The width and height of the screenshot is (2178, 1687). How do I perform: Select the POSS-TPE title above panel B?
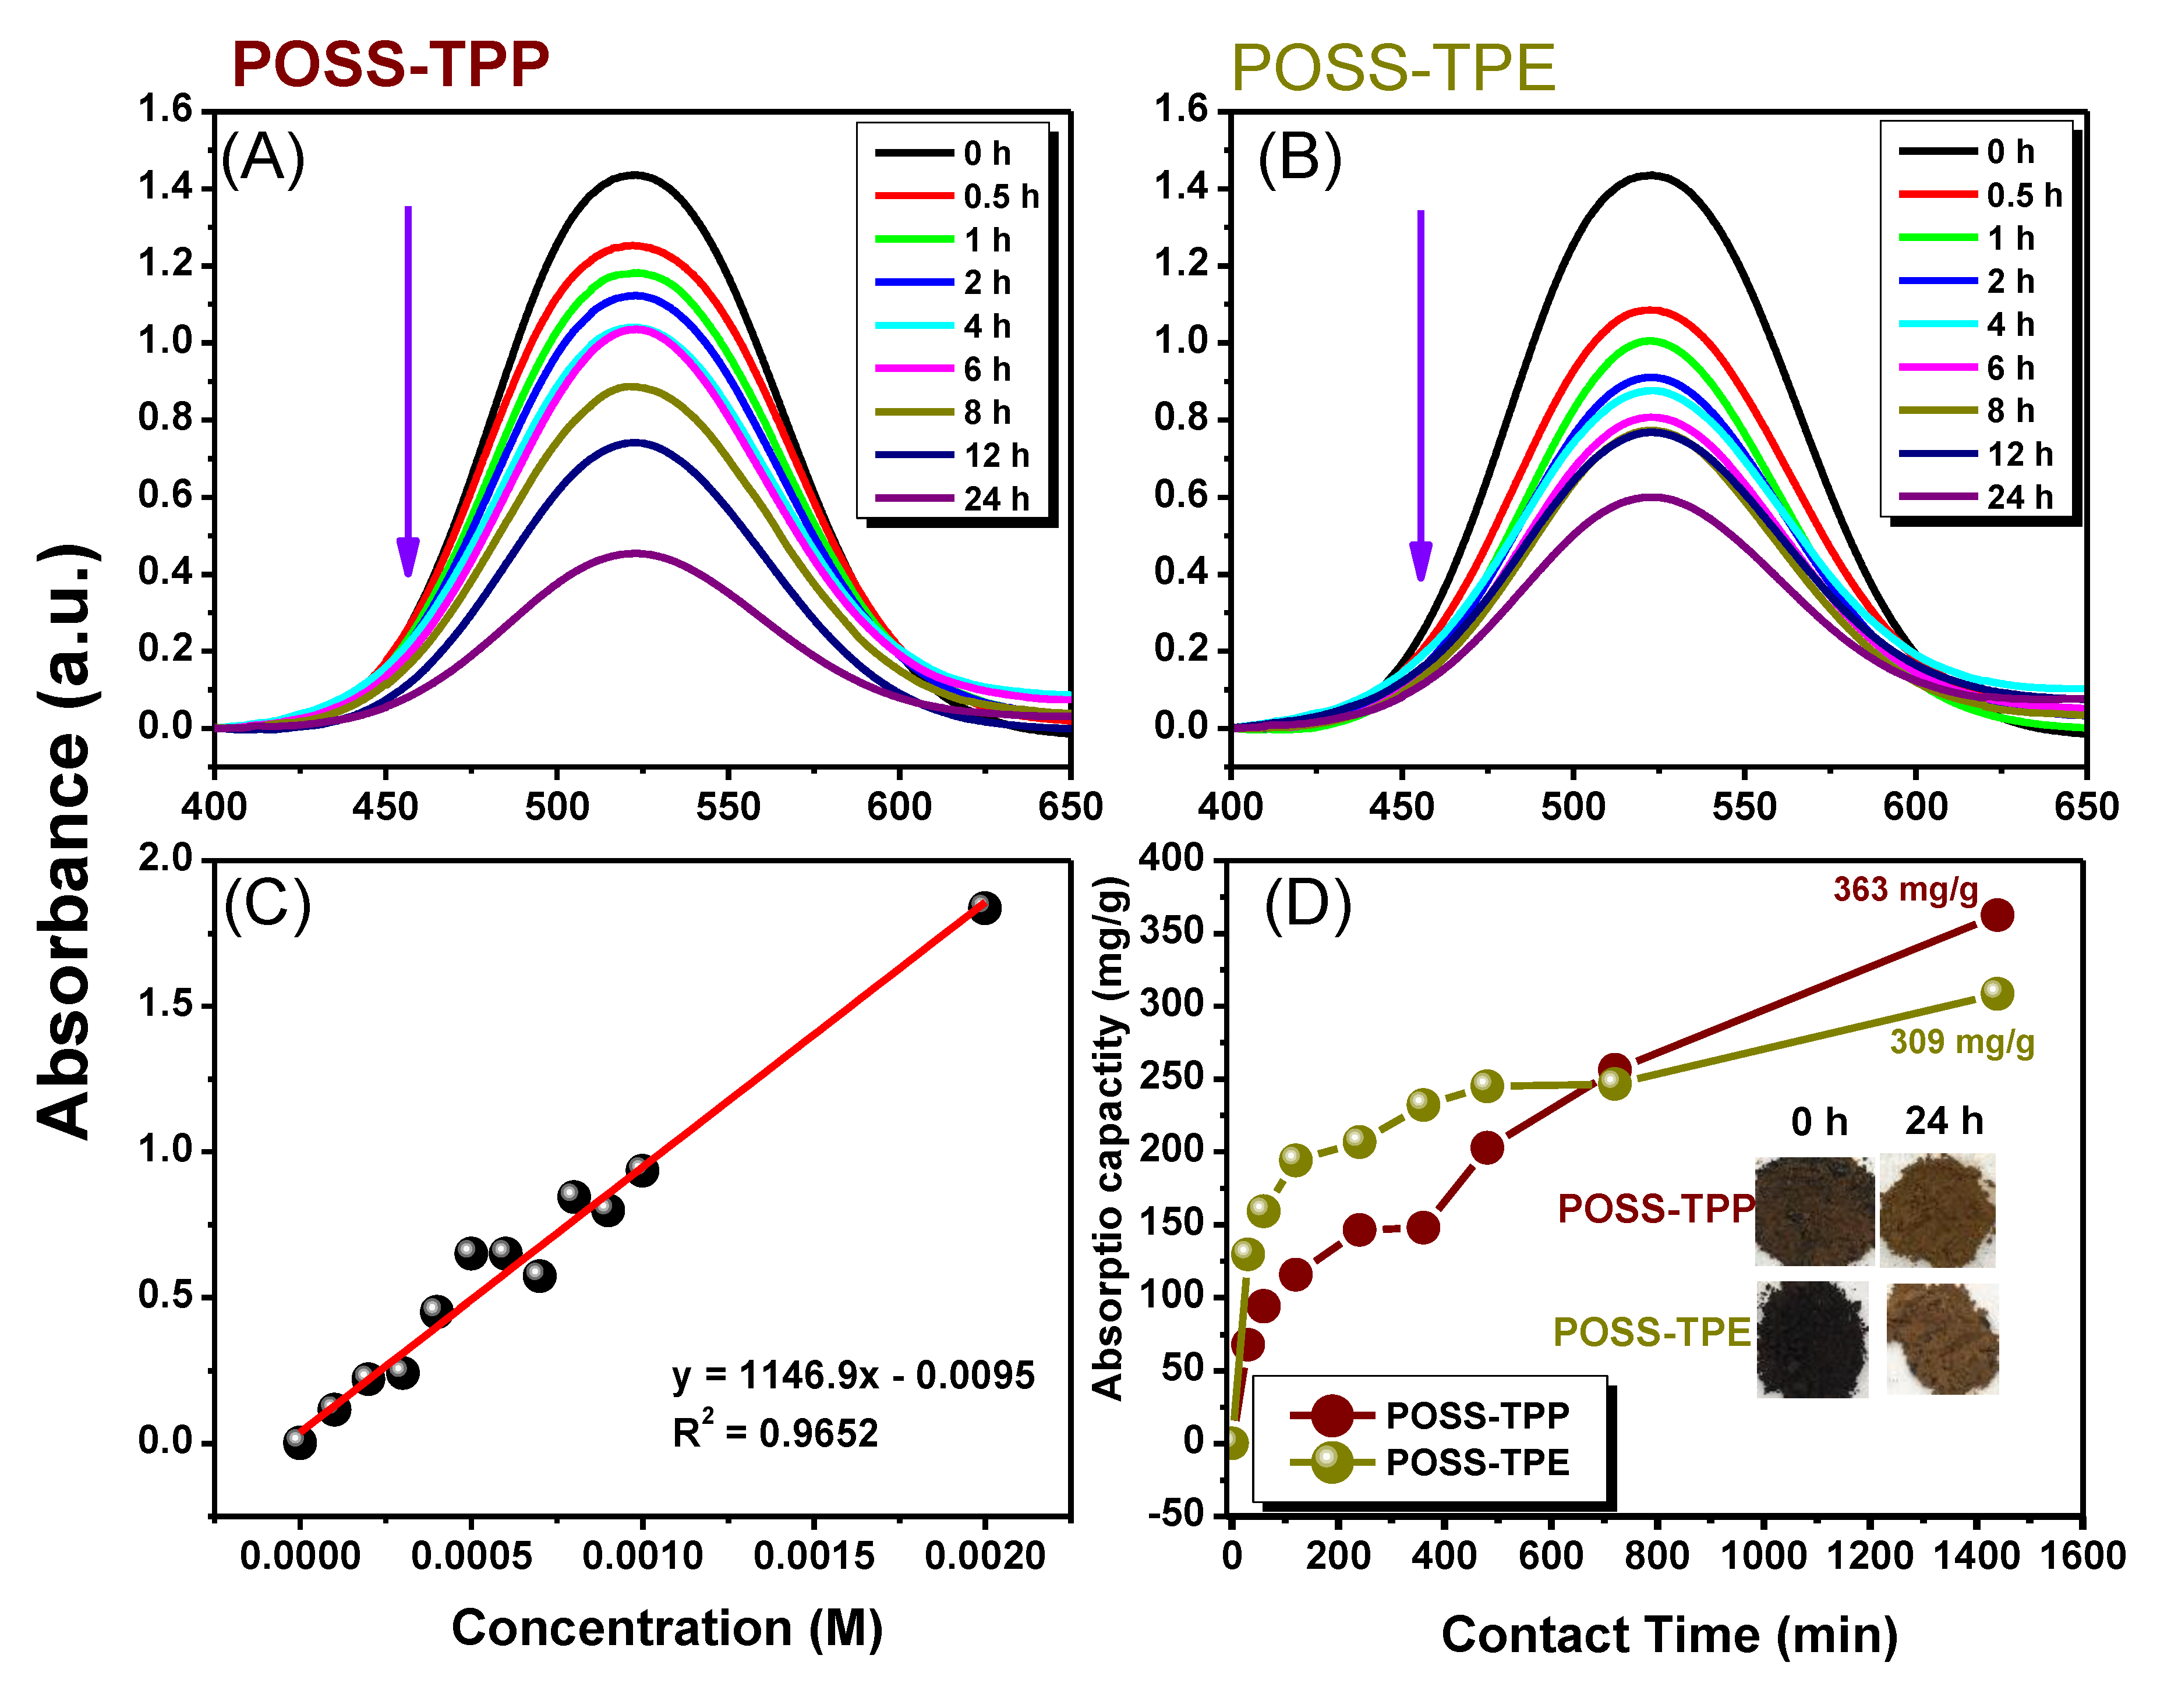[x=1393, y=68]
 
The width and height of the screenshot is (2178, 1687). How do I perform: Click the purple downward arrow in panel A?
[x=408, y=389]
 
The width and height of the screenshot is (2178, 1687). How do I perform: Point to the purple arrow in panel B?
[x=1421, y=394]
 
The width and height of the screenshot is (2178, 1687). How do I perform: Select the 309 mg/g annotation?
[x=1961, y=1042]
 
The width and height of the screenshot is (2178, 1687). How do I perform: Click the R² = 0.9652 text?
[x=775, y=1433]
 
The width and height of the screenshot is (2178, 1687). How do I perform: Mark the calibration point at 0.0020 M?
[x=984, y=908]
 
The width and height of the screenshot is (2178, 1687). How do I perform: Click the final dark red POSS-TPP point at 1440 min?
[x=1996, y=915]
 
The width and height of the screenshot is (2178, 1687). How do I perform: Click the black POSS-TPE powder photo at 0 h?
[x=1812, y=1339]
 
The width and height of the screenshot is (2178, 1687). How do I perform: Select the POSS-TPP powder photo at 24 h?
[x=1937, y=1210]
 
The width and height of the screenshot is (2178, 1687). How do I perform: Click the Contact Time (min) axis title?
[x=1668, y=1635]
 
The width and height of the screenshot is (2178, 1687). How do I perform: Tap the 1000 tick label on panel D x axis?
[x=1764, y=1555]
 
